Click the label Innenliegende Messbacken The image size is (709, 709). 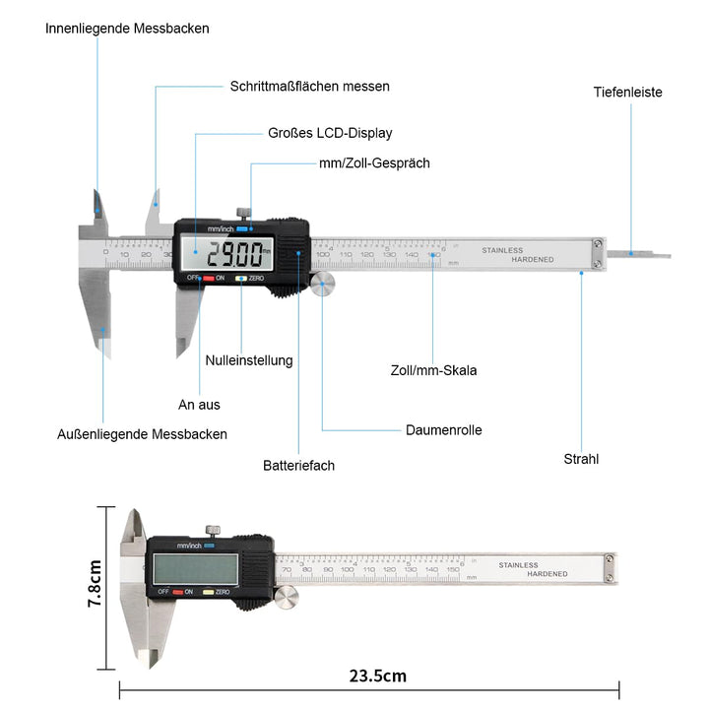pos(127,29)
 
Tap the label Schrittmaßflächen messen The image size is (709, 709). pos(309,87)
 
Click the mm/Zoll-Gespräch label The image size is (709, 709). pos(374,163)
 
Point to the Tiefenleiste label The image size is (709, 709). pos(627,93)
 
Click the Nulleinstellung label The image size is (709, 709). pos(249,360)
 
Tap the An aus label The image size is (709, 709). pos(199,405)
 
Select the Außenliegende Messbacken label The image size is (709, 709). pos(142,434)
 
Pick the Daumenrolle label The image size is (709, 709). pos(444,430)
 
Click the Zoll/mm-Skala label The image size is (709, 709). pos(433,371)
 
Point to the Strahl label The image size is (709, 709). pos(581,459)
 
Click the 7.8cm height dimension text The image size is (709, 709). pos(96,586)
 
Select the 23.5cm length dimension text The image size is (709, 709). pos(376,677)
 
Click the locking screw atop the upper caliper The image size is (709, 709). pos(241,211)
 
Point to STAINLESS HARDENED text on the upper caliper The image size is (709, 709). pos(517,254)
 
